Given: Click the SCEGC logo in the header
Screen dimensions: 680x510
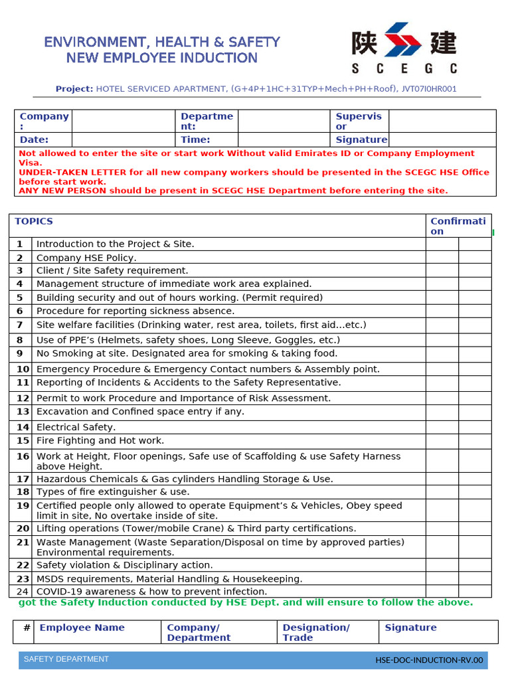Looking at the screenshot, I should [x=404, y=48].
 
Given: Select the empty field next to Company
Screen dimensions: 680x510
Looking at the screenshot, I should [x=123, y=121].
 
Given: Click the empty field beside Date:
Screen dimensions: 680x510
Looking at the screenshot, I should [x=123, y=139].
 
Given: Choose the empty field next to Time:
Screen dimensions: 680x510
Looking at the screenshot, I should [x=284, y=139].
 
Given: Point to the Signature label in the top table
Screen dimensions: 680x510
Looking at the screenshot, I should [x=361, y=139].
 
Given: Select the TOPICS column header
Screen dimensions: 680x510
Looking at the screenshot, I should [x=34, y=222].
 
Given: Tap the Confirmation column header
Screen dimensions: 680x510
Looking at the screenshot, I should [x=458, y=226].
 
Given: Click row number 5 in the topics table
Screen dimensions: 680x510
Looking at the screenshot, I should [x=20, y=297].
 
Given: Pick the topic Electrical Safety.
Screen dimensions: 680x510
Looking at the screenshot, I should [x=76, y=427].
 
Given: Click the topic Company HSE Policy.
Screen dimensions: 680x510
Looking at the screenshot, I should [x=86, y=258].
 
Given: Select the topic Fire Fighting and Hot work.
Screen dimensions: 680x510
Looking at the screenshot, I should [x=100, y=440].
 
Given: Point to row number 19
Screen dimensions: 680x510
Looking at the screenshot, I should [x=23, y=505].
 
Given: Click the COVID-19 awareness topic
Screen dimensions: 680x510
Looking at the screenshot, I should [x=151, y=591].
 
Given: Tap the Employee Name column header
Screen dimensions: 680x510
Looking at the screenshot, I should [x=82, y=628].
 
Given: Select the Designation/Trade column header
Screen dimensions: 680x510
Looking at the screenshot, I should [x=315, y=632].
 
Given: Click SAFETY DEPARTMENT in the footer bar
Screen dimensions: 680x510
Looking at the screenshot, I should [x=66, y=659].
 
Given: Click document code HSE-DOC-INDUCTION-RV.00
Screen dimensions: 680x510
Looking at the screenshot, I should [x=429, y=660].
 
